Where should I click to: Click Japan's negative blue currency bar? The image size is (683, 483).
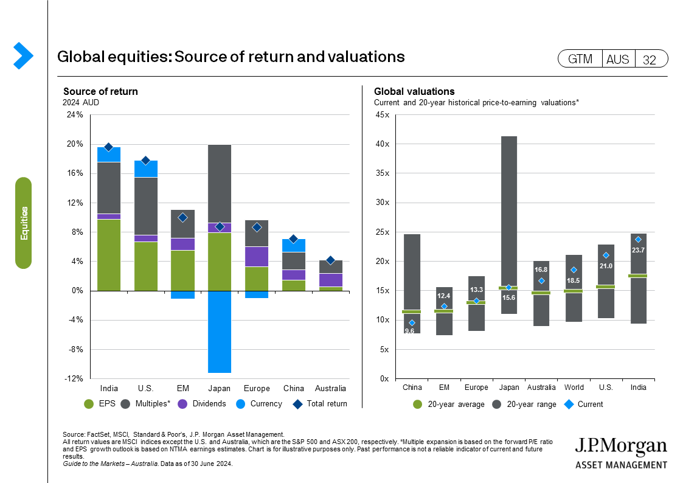[220, 332]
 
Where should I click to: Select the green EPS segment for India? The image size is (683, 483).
[109, 255]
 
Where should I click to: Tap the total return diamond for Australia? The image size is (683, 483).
[331, 260]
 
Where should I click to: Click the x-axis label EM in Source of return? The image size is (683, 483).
[182, 389]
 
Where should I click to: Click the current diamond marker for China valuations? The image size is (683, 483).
[412, 323]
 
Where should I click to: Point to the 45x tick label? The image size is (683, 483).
[383, 115]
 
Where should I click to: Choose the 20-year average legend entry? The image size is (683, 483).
[450, 404]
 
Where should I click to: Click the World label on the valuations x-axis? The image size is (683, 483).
[574, 387]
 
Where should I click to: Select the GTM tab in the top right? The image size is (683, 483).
[580, 59]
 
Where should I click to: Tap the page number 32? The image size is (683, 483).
[650, 59]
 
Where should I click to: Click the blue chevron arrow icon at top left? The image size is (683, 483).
[23, 55]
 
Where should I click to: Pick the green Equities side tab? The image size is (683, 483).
[24, 223]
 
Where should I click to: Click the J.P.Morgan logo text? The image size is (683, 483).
[621, 447]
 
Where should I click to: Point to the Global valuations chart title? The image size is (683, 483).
[406, 92]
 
